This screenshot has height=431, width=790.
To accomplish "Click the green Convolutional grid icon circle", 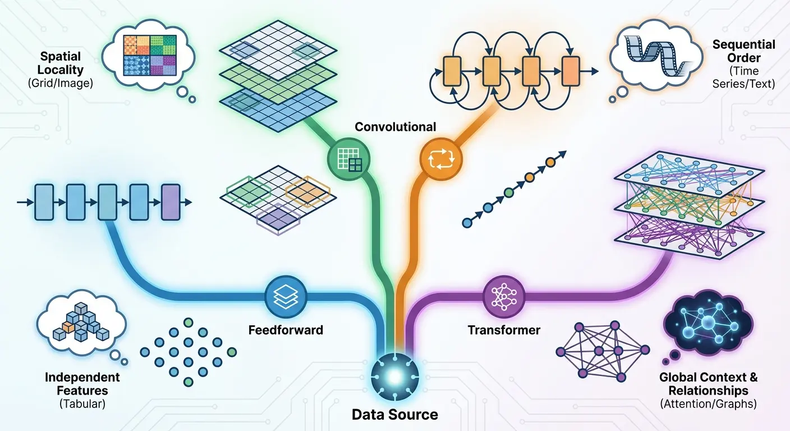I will [348, 159].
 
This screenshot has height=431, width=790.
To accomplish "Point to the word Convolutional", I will [395, 127].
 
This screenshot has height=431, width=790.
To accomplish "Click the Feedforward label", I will [286, 330].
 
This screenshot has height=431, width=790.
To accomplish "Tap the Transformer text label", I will [503, 330].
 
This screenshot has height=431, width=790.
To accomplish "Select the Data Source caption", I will [394, 415].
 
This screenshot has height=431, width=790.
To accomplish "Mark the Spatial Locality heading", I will [61, 63].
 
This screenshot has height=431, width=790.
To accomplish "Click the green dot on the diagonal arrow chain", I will [508, 193].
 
